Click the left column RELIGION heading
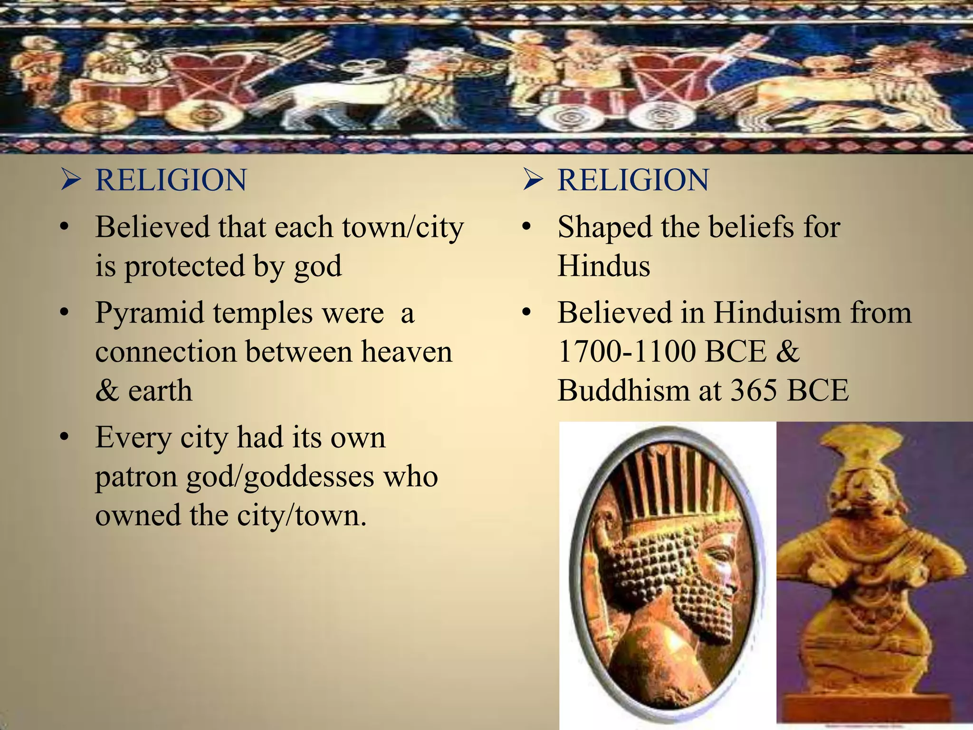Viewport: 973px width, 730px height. pos(171,180)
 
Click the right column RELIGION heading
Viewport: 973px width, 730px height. pos(633,180)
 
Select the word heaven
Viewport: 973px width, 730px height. pos(406,352)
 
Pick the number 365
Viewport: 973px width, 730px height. pos(754,391)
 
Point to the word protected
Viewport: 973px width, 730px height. pos(184,266)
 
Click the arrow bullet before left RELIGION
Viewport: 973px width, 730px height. pos(70,180)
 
